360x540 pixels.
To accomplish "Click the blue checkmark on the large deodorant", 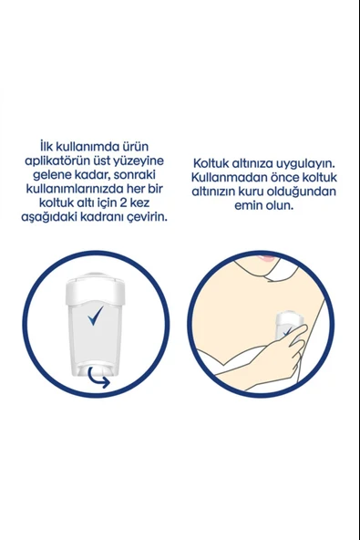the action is coord(95,316).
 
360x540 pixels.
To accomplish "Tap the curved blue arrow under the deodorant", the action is coord(98,378).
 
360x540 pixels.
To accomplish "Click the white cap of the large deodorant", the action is coord(94,288).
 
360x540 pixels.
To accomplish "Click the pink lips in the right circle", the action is coord(266,258).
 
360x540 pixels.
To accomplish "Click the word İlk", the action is coord(46,146).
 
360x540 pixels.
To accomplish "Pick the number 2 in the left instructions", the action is coord(123,202).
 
